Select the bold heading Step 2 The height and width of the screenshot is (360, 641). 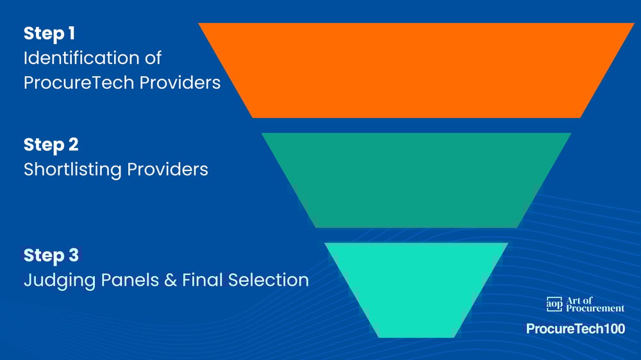coord(51,145)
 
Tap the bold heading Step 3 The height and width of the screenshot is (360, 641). coord(51,255)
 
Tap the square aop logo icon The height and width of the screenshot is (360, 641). coord(554,304)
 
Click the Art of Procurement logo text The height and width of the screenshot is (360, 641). coord(595,304)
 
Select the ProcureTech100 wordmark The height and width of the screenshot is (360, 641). coord(575,329)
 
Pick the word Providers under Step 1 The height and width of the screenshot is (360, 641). coord(182,83)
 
